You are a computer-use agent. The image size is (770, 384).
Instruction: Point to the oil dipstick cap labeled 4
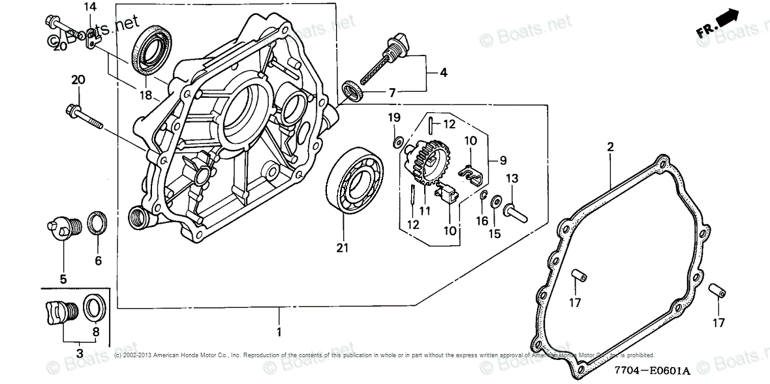point(396,48)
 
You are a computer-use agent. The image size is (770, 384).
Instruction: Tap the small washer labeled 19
point(396,141)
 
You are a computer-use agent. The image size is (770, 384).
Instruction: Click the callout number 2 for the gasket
point(610,147)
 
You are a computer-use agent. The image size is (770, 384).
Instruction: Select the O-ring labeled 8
point(93,306)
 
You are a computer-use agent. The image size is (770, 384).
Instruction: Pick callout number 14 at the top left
point(90,7)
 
